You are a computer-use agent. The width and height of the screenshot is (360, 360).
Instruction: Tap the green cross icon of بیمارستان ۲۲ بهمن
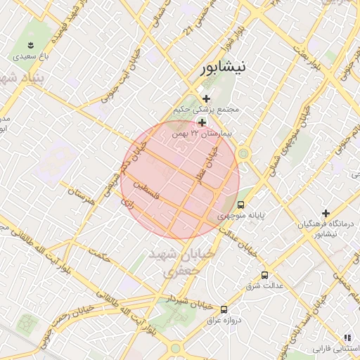click(202, 122)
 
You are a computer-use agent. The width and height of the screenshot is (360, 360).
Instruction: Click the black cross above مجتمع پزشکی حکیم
click(205, 98)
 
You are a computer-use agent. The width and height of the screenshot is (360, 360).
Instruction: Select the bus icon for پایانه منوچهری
click(241, 205)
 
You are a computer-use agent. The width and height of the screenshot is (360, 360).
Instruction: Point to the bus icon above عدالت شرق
click(265, 275)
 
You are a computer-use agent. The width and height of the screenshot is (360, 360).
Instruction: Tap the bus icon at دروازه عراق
click(224, 309)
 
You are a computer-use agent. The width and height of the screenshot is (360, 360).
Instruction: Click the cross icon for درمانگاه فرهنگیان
click(326, 213)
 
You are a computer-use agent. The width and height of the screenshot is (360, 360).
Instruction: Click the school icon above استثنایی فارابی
click(347, 337)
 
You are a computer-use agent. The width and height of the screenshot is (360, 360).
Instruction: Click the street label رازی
click(128, 202)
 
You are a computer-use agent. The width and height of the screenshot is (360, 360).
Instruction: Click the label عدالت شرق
click(264, 286)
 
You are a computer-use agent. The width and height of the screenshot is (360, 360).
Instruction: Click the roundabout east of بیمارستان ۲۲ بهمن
click(244, 153)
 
